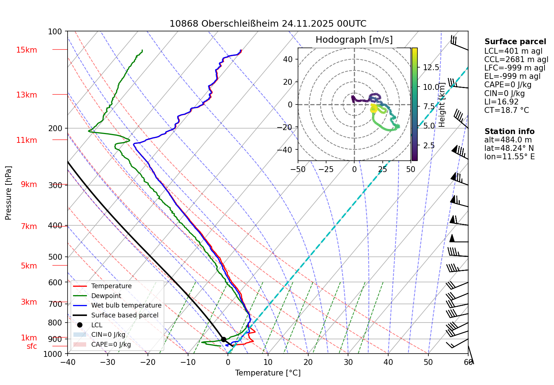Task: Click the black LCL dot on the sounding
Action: click(223, 339)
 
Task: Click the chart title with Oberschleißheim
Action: click(268, 24)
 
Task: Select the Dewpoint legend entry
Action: click(106, 296)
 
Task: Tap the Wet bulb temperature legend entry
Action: click(126, 305)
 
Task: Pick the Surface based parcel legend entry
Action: click(125, 315)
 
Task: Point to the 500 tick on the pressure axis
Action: click(55, 257)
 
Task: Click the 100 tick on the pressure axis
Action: click(55, 32)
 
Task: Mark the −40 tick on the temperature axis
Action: click(68, 362)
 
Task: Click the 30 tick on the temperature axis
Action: click(348, 362)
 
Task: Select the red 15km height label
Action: click(26, 50)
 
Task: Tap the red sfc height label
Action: click(32, 346)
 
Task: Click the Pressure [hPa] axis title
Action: click(8, 193)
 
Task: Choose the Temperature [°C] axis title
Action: click(268, 373)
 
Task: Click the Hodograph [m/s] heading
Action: click(354, 40)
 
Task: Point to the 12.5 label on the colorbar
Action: click(431, 68)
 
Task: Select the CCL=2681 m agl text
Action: click(516, 60)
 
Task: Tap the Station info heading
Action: click(509, 131)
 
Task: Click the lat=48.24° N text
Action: click(509, 148)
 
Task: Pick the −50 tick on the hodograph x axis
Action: click(298, 169)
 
